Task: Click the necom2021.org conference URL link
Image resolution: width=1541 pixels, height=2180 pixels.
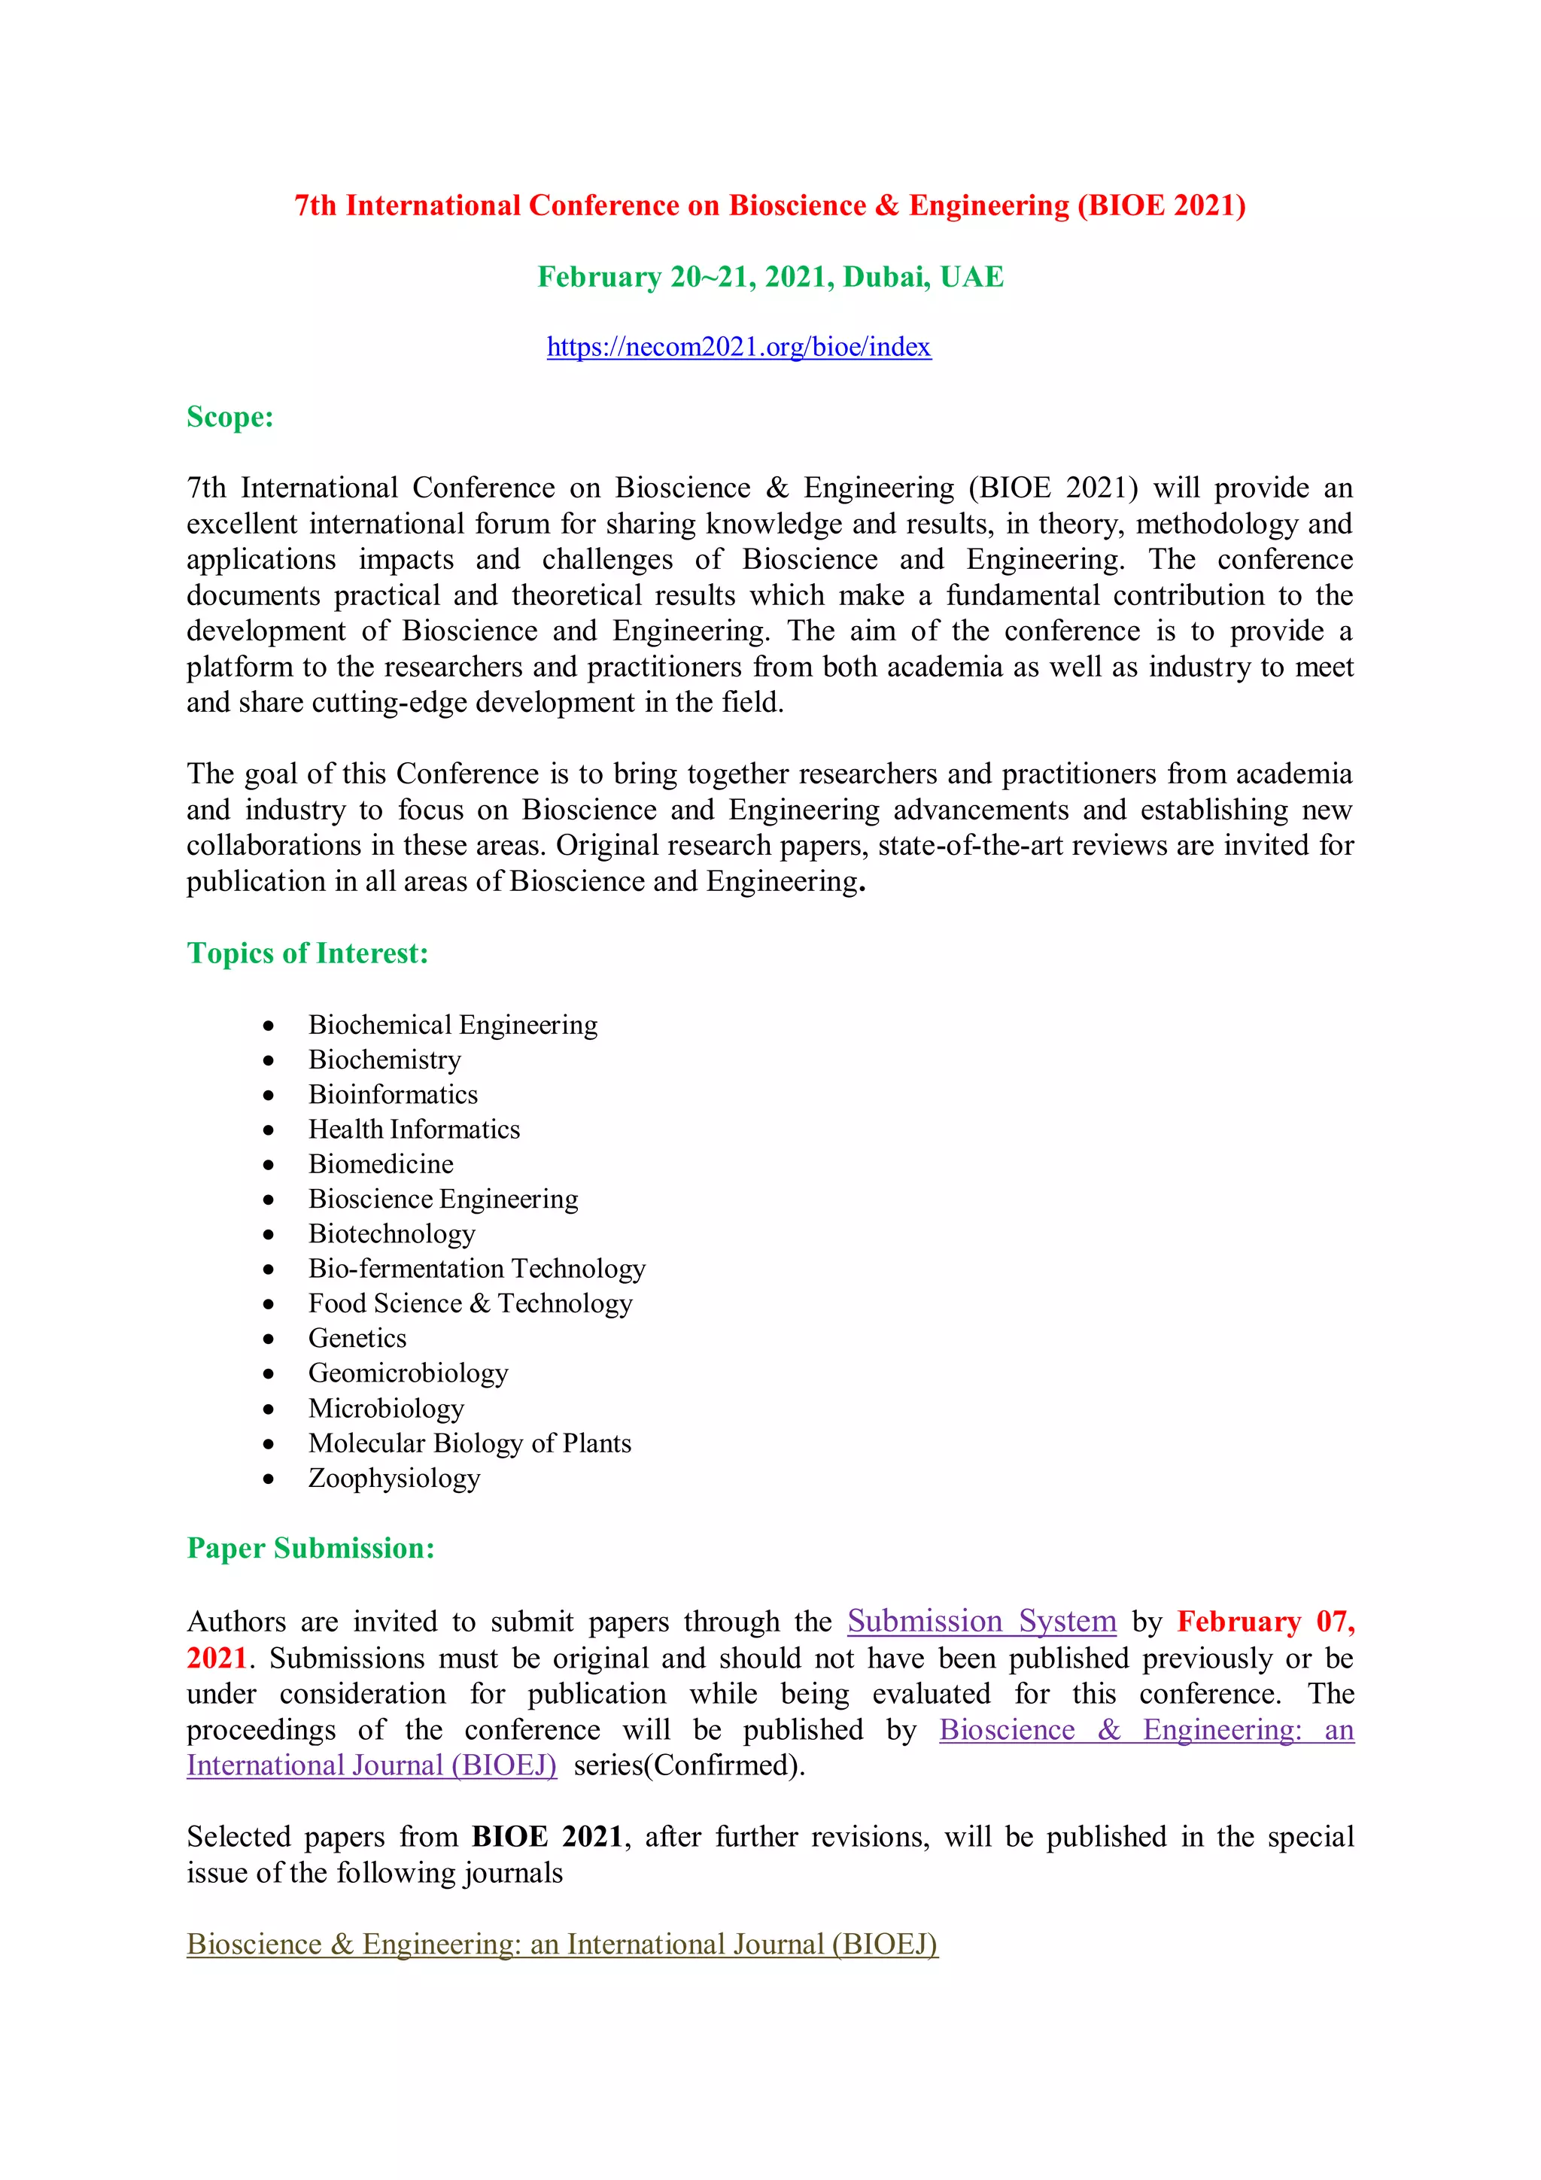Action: tap(739, 348)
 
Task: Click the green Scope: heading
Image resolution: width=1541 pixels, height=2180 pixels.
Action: tap(229, 417)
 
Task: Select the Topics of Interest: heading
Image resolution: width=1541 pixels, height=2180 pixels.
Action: tap(308, 953)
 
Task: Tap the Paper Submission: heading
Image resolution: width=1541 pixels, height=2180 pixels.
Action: tap(311, 1549)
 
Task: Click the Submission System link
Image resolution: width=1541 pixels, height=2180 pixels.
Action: tap(981, 1621)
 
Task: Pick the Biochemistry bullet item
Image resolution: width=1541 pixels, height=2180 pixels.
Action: tap(384, 1060)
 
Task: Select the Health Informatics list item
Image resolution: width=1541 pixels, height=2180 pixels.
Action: tap(414, 1129)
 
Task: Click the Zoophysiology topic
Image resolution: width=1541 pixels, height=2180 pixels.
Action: tap(394, 1479)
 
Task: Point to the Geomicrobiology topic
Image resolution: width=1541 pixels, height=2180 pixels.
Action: tap(409, 1373)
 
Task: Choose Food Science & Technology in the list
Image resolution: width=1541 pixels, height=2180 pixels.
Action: tap(470, 1303)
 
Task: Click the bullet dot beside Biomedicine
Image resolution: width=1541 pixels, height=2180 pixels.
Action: tap(269, 1165)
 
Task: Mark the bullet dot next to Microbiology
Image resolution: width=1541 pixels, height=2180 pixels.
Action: tap(269, 1409)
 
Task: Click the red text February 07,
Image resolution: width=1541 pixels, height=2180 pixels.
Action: tap(1265, 1621)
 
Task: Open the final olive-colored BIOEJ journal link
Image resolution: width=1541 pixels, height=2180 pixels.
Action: tap(562, 1944)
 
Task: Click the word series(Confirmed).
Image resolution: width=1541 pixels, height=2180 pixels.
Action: tap(688, 1765)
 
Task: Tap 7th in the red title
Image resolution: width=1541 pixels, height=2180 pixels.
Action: tap(315, 206)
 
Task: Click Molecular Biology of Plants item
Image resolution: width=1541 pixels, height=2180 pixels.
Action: tap(469, 1443)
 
